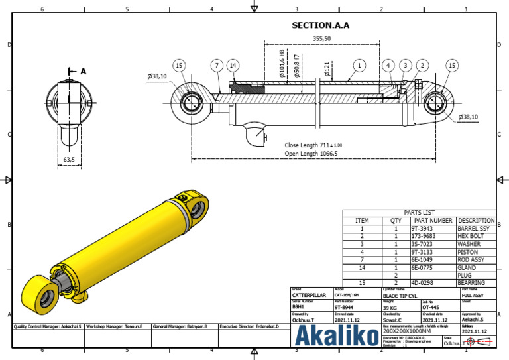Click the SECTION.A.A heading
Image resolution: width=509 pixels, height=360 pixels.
click(x=321, y=26)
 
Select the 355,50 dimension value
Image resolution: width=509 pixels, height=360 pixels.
click(x=322, y=39)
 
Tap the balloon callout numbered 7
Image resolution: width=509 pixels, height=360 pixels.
click(x=217, y=65)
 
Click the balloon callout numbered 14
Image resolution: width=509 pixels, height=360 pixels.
click(x=232, y=65)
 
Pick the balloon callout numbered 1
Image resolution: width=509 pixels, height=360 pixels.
click(x=359, y=65)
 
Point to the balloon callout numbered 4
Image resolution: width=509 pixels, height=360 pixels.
click(x=388, y=65)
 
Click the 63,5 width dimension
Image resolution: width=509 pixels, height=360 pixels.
click(x=69, y=160)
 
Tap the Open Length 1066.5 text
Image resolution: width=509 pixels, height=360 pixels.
click(x=311, y=153)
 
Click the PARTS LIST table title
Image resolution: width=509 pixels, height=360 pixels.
click(x=418, y=213)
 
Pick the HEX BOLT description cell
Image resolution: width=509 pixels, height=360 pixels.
click(x=475, y=236)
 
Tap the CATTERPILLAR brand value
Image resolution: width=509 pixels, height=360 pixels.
click(x=309, y=296)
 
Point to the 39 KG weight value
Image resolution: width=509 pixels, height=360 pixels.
click(x=392, y=307)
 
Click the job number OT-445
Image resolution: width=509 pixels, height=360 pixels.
click(x=431, y=307)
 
